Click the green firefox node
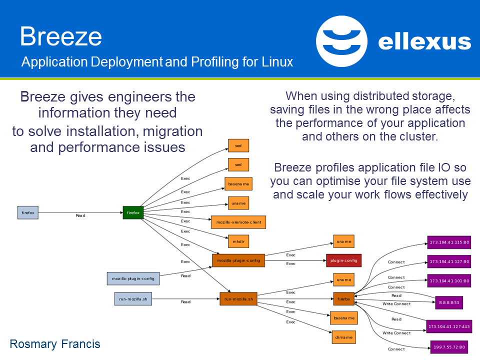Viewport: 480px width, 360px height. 133,212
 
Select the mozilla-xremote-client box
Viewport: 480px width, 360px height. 238,221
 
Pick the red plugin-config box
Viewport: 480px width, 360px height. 343,260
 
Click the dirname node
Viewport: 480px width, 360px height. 343,337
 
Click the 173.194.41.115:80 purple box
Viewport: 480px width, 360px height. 449,242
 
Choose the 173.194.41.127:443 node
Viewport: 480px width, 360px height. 448,327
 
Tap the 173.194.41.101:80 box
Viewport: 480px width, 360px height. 449,280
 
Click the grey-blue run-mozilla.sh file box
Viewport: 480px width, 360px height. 132,299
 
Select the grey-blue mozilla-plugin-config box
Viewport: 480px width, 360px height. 133,278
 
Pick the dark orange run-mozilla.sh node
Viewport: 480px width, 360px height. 238,299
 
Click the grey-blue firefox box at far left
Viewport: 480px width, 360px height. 28,212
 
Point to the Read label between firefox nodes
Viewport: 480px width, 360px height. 80,215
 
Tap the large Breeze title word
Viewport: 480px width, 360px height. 61,37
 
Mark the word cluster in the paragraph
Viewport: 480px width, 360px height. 420,136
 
